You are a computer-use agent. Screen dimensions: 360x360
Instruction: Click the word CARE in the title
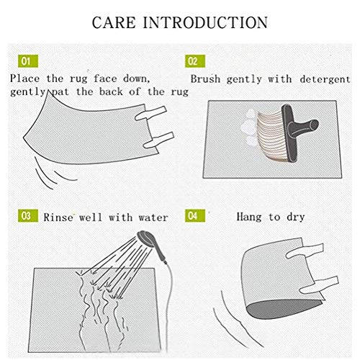click(114, 22)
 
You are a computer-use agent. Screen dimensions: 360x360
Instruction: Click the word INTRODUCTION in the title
click(205, 22)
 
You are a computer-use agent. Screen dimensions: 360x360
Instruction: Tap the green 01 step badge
click(28, 61)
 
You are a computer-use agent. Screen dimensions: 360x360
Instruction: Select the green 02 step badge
click(195, 61)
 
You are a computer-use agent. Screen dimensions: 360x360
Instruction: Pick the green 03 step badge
click(28, 215)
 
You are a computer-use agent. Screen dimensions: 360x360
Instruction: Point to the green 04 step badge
click(195, 215)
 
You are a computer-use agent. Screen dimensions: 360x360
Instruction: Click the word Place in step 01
click(25, 78)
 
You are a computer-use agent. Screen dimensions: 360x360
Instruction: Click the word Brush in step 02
click(205, 79)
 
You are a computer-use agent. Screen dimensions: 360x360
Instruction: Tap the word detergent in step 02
click(325, 79)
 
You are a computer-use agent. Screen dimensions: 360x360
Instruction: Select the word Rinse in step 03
click(58, 217)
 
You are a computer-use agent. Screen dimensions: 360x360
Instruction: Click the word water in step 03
click(153, 217)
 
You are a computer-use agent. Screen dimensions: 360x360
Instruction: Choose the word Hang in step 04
click(249, 217)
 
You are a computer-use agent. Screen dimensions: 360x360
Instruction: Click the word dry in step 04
click(296, 217)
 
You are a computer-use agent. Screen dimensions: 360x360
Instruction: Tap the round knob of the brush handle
click(313, 125)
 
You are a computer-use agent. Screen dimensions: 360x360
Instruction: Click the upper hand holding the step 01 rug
click(150, 113)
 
